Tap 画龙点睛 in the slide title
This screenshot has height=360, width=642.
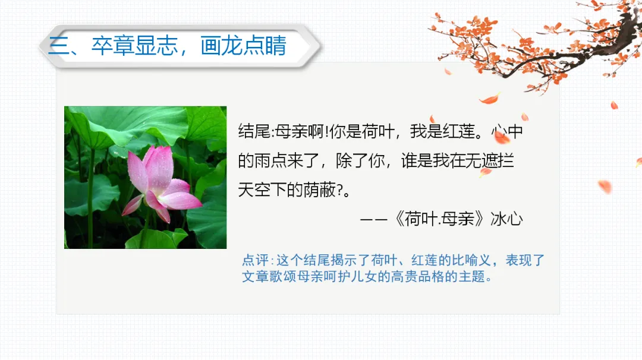(x=244, y=46)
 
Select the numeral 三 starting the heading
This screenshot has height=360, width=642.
(x=58, y=46)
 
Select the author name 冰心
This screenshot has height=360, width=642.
(x=507, y=219)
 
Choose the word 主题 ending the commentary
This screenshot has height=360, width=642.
(x=476, y=277)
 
